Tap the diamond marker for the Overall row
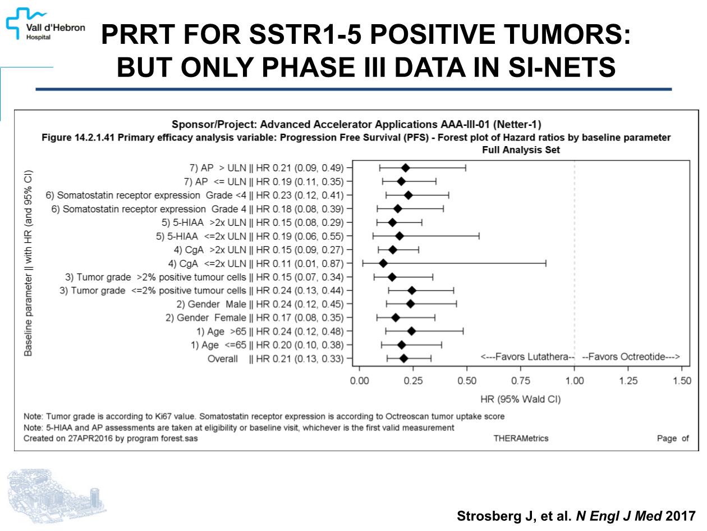pyautogui.click(x=403, y=358)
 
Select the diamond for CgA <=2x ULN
pyautogui.click(x=383, y=263)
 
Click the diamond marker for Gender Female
pyautogui.click(x=396, y=317)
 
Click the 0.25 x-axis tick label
pyautogui.click(x=413, y=381)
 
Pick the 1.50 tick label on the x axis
pyautogui.click(x=681, y=381)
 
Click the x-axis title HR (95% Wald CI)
pyautogui.click(x=520, y=400)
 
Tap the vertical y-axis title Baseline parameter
pyautogui.click(x=29, y=262)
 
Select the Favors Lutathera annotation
pyautogui.click(x=527, y=357)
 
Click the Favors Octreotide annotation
pyautogui.click(x=631, y=357)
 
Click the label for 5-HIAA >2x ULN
pyautogui.click(x=252, y=222)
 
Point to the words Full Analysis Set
pyautogui.click(x=520, y=150)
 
